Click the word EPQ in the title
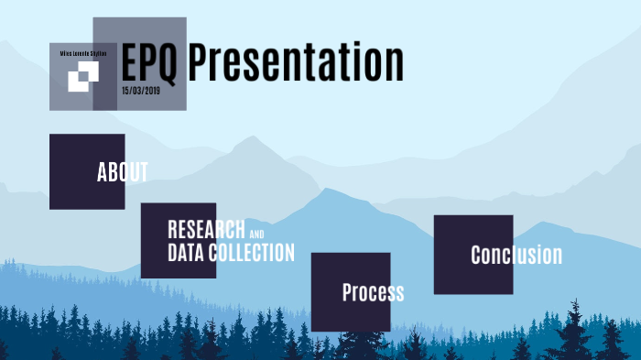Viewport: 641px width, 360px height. coord(151,62)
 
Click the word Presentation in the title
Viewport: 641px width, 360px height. coord(296,62)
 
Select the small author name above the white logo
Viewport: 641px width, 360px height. coord(83,54)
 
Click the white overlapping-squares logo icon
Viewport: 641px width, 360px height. coord(82,79)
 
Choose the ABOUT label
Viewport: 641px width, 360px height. coord(123,172)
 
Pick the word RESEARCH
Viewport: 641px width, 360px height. coord(206,230)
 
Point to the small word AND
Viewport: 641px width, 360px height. coord(257,234)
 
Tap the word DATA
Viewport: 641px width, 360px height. coord(186,253)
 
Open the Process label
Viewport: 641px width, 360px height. coord(373,292)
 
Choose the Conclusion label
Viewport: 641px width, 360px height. coord(516,255)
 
